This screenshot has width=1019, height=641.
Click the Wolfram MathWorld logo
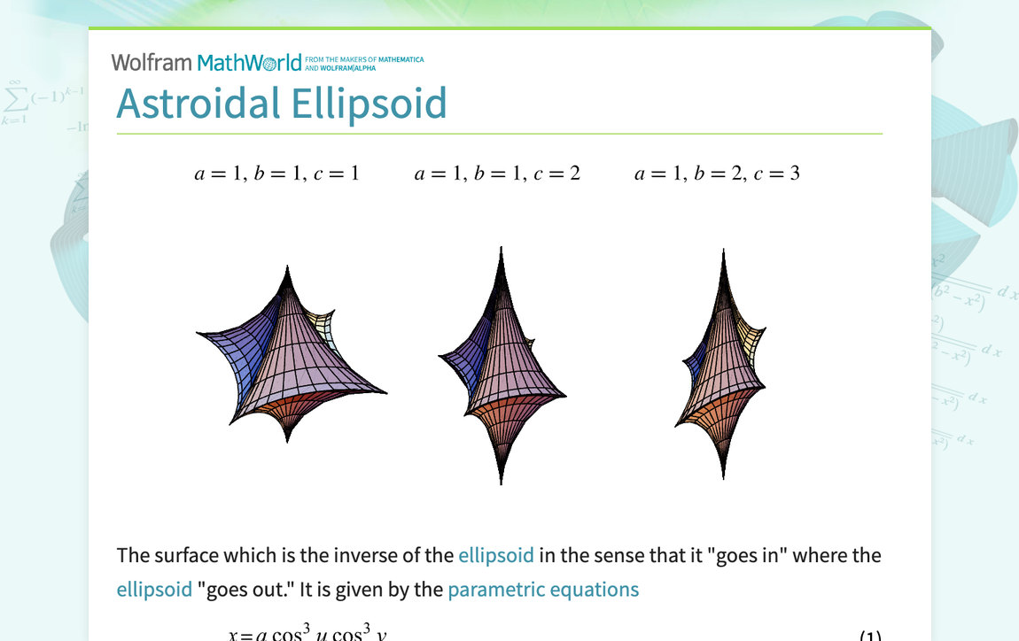point(206,63)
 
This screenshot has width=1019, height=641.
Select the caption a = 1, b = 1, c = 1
point(276,174)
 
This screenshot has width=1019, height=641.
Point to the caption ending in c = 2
point(497,174)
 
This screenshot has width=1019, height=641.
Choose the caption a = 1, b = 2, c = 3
point(717,174)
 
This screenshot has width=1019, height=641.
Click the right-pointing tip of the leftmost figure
point(383,391)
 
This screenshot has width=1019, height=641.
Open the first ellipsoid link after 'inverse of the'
point(495,556)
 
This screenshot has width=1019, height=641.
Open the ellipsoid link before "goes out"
point(154,590)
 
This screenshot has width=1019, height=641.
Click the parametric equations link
point(543,590)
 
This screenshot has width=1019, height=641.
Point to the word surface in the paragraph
point(185,556)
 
